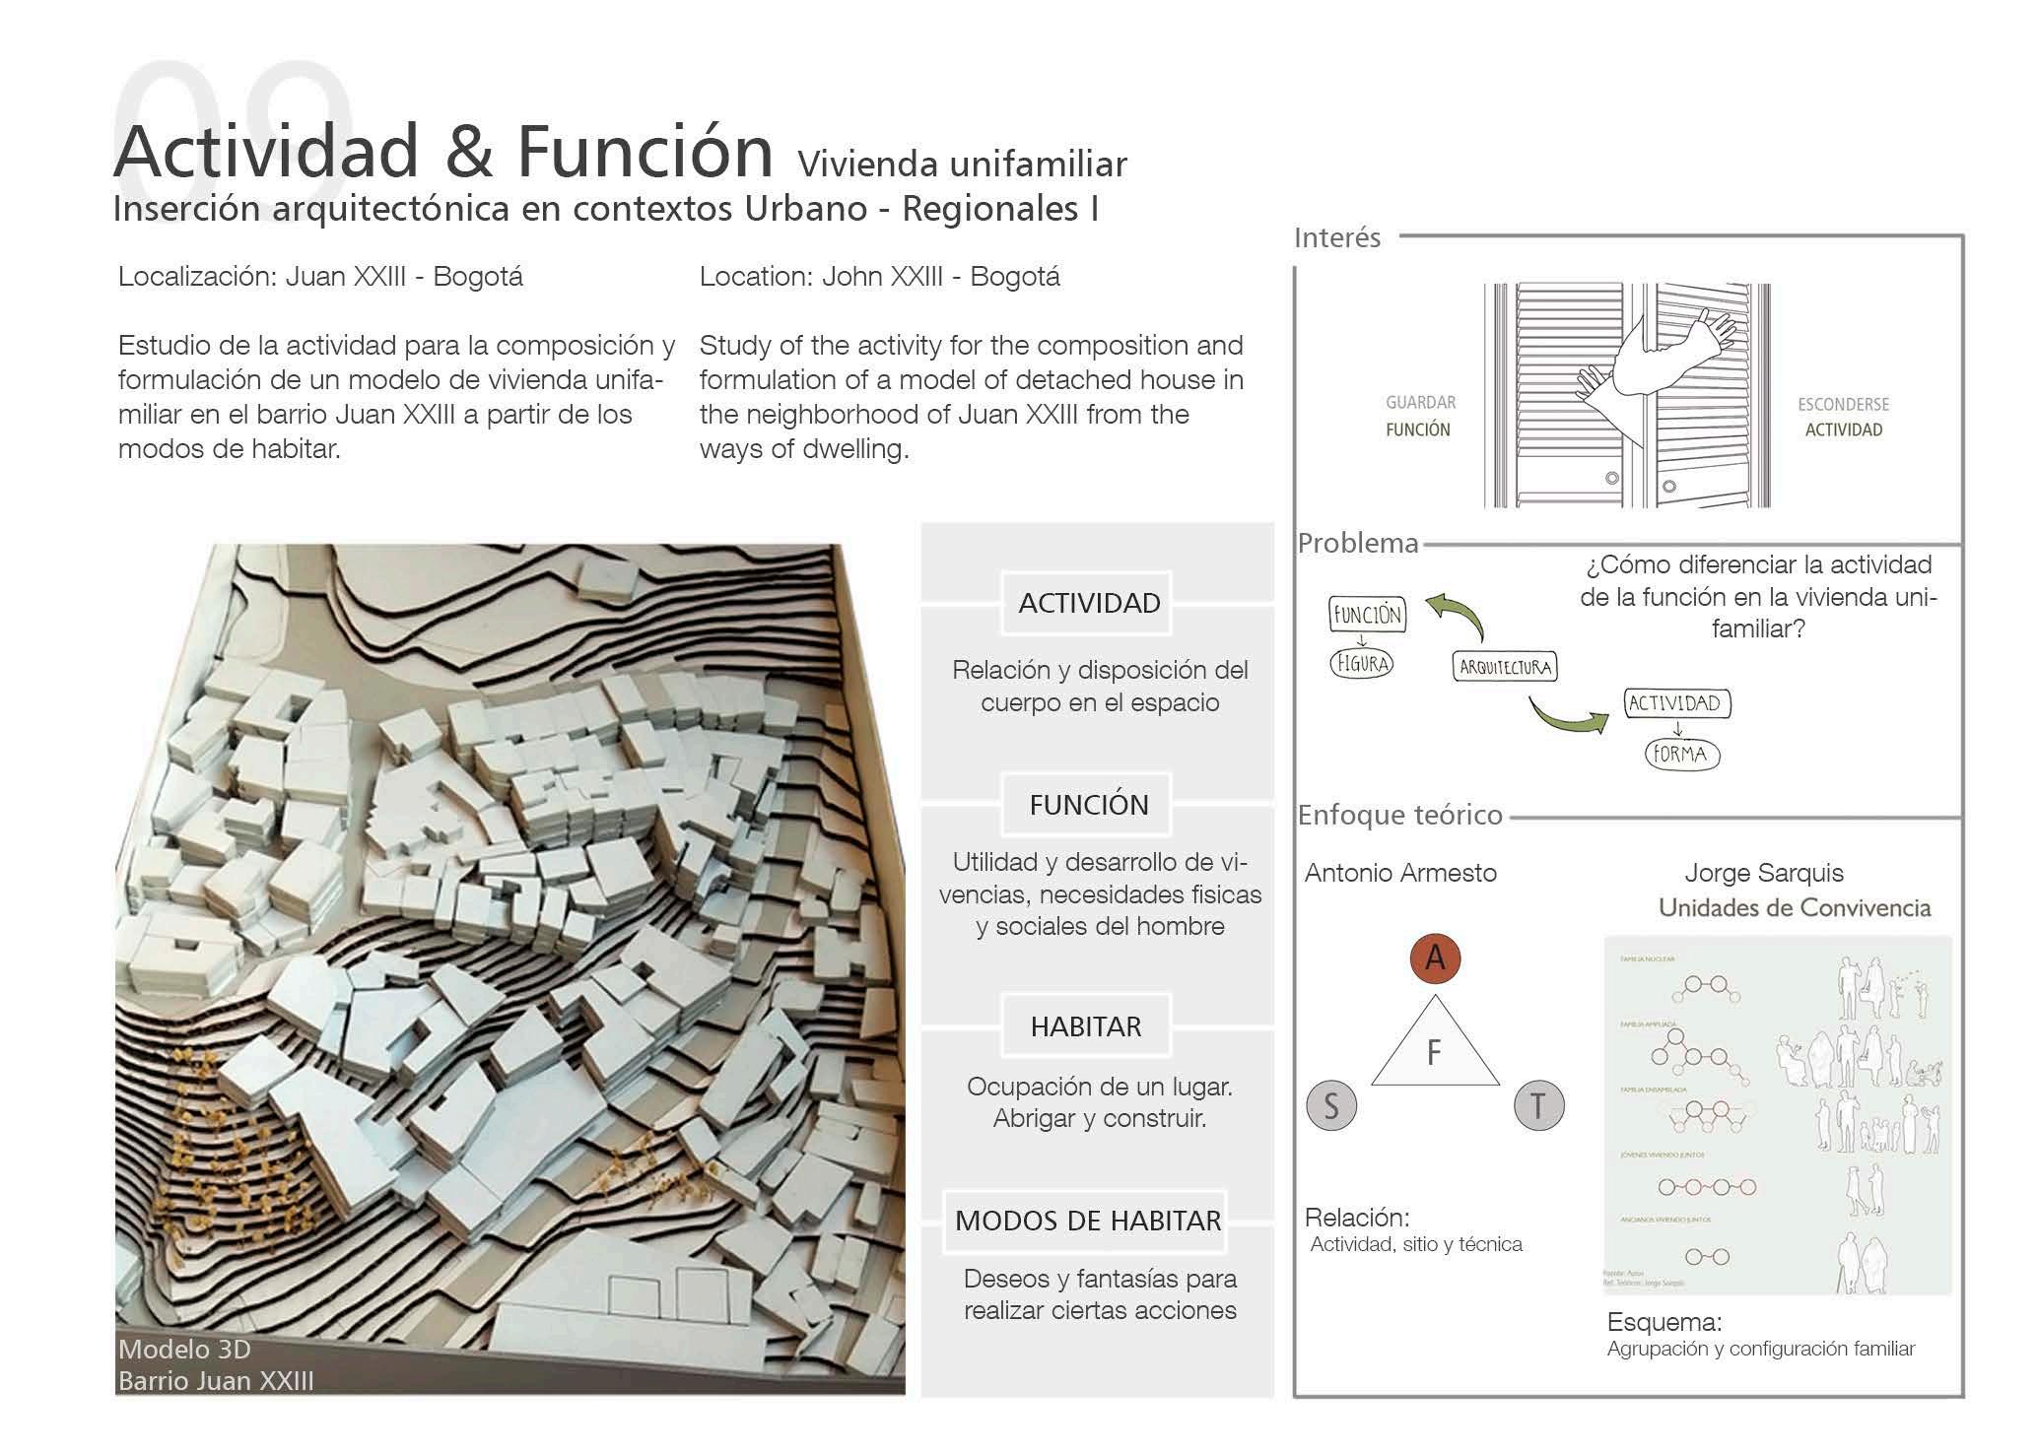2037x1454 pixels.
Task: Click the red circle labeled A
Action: click(1435, 958)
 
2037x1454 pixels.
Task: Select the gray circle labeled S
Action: click(1331, 1105)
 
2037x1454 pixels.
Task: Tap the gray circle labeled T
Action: click(1537, 1105)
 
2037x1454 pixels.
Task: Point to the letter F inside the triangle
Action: click(1434, 1053)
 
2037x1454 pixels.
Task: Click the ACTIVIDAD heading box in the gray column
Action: click(1088, 603)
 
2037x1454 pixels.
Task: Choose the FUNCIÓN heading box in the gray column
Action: click(1088, 805)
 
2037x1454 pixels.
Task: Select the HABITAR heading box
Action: click(1086, 1026)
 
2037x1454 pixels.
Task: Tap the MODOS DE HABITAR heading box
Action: click(1087, 1221)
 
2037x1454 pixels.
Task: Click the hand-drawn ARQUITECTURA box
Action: click(1505, 667)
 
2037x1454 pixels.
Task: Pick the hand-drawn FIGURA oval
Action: click(1362, 663)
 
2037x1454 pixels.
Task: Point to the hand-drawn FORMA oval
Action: click(1680, 755)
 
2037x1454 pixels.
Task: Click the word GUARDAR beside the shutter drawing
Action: click(1420, 402)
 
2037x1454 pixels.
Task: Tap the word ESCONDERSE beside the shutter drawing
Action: click(1843, 404)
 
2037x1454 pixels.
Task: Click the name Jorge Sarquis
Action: click(1763, 872)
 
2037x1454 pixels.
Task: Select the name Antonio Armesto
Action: click(1400, 872)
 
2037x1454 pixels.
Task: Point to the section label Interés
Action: click(1336, 237)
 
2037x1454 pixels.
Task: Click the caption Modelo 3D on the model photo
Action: click(184, 1349)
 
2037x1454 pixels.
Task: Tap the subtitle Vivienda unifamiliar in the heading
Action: click(962, 164)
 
